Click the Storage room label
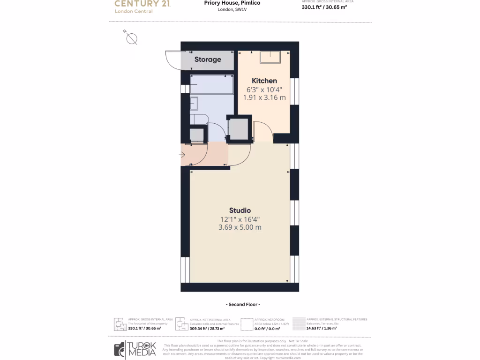[x=208, y=60]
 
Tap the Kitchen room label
[x=264, y=81]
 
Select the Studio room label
[x=240, y=210]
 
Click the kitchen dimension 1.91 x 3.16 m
[x=264, y=97]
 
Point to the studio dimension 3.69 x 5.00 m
[x=240, y=227]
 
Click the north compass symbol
[x=131, y=38]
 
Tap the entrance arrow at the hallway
[x=182, y=155]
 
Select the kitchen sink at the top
[x=270, y=56]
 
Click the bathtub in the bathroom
[x=212, y=84]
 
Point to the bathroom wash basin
[x=194, y=103]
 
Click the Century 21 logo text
[x=142, y=4]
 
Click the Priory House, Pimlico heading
[x=239, y=3]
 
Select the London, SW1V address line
[x=232, y=10]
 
